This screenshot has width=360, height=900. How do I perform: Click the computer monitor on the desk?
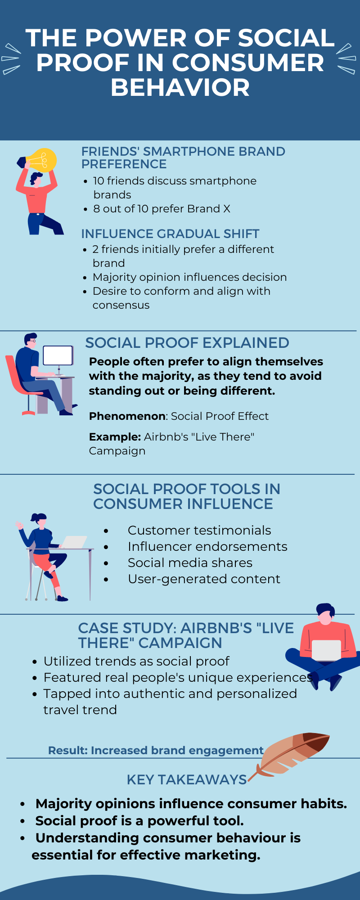point(58,355)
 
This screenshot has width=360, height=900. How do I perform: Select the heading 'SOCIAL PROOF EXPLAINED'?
point(187,343)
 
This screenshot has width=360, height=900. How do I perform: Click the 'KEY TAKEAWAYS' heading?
point(187,779)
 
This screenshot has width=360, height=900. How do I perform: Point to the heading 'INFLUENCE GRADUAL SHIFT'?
point(170,234)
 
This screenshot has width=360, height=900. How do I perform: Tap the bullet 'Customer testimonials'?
point(199,530)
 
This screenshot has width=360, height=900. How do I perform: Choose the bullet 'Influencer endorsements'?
point(207,546)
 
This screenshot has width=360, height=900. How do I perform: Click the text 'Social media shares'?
point(190,562)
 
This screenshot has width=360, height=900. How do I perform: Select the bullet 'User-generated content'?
point(204,579)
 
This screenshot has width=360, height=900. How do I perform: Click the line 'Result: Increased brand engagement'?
point(156,751)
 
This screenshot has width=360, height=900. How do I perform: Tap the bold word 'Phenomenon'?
point(127,416)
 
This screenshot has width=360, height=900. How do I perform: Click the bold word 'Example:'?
point(115,437)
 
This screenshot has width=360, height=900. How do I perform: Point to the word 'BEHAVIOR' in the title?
point(180,87)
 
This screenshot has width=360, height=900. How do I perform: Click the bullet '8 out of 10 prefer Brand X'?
point(162,209)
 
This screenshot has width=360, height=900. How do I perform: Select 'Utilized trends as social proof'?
point(136,661)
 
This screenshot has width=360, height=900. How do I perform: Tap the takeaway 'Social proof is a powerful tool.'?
point(139,821)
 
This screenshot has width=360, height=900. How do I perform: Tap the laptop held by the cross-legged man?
point(326,650)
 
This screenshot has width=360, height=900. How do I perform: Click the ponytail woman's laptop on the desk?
point(74,542)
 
